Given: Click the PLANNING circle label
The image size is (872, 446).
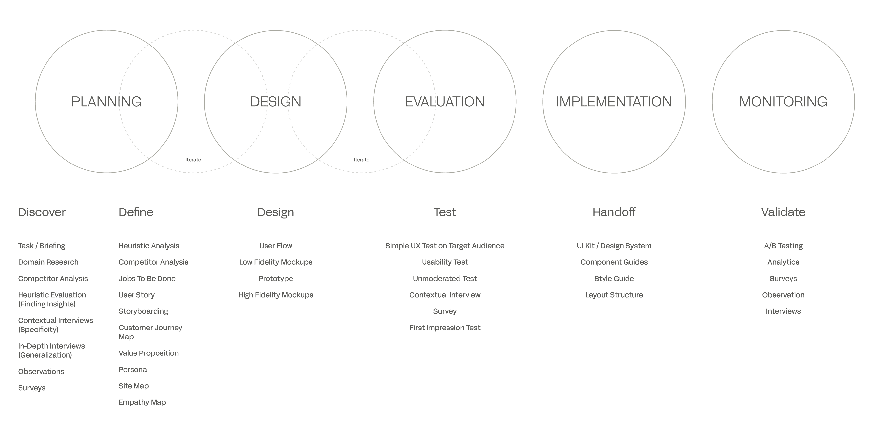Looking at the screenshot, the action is point(107,102).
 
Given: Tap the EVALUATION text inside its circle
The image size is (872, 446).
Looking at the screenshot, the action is point(445,102).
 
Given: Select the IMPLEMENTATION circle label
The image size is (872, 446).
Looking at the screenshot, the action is point(614,102).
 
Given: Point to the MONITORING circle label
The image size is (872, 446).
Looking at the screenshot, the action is point(783,102).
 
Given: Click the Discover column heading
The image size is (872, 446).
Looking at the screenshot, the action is point(42,212).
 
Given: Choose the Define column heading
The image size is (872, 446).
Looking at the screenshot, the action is point(136,212).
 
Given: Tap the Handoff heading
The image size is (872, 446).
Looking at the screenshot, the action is point(614,212).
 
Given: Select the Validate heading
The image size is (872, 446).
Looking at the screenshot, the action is point(783,212).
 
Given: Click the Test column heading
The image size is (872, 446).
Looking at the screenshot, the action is point(445,212).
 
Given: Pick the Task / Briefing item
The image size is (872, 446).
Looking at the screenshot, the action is point(42,246).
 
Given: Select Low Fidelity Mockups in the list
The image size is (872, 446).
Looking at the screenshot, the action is point(276,262).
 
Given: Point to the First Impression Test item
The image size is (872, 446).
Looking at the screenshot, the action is point(445,328).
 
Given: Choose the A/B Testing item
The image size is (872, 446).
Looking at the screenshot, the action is point(783,246).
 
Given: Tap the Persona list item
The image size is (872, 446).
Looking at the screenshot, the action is point(133,370).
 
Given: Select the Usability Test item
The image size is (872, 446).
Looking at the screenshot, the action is point(445,262).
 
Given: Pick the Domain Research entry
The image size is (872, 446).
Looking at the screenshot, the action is point(48,262).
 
